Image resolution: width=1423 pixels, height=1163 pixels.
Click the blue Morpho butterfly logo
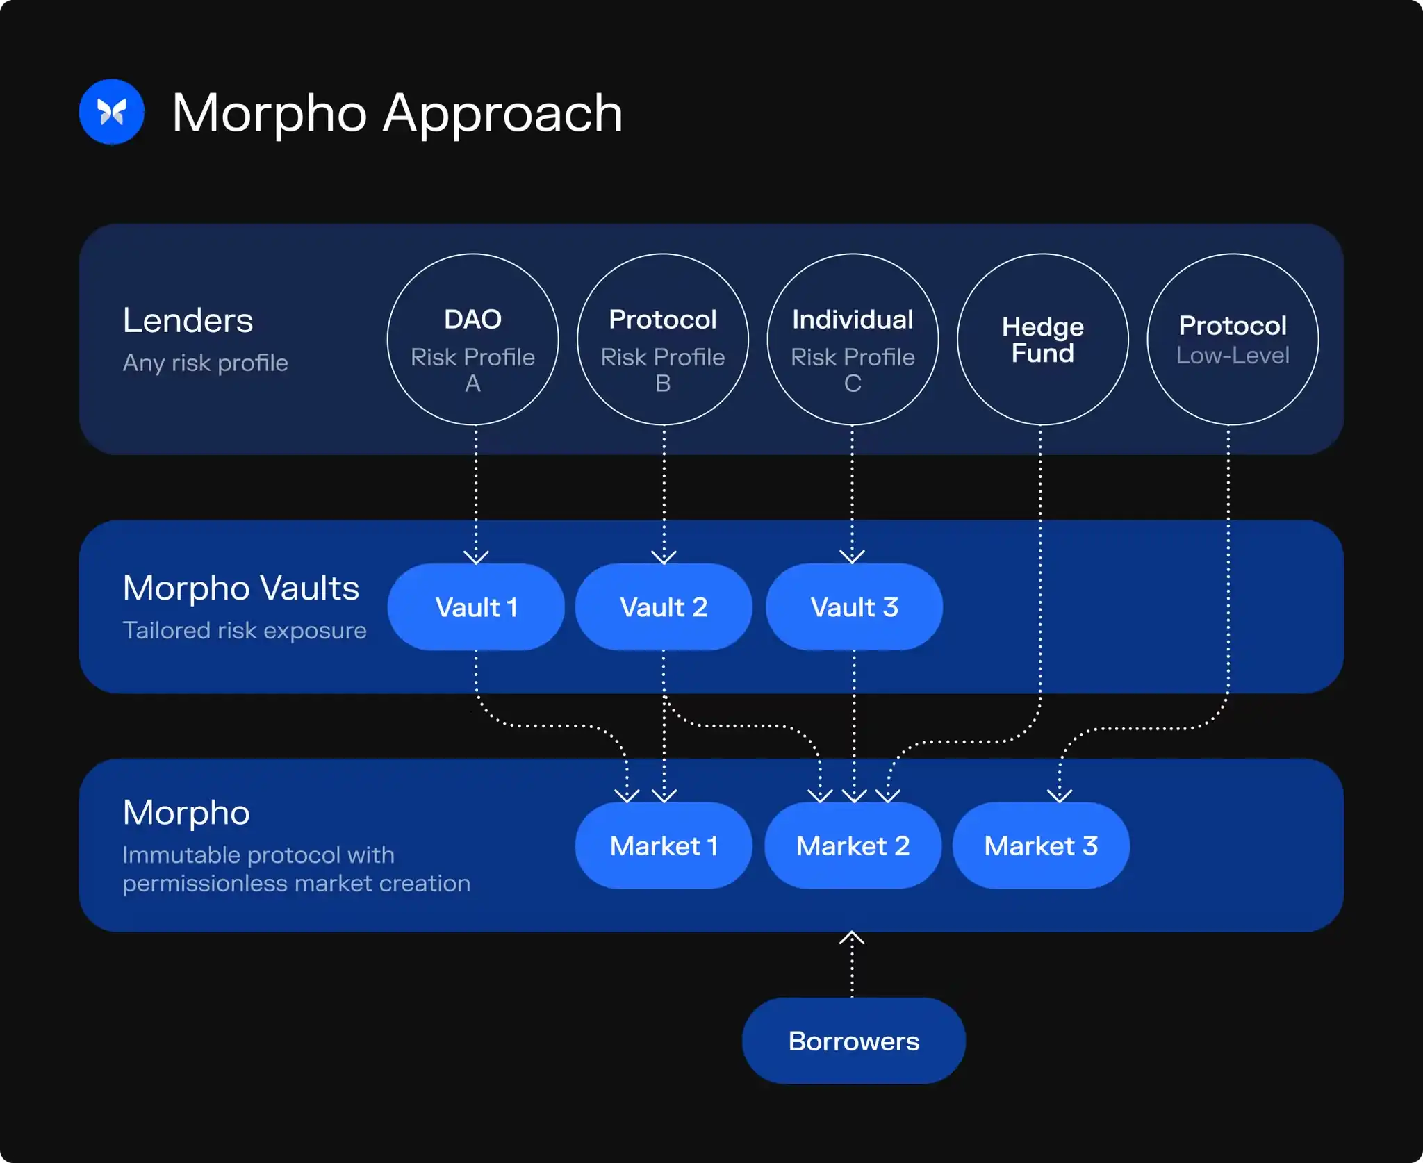pyautogui.click(x=111, y=112)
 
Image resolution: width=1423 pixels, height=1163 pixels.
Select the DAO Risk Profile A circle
pyautogui.click(x=472, y=340)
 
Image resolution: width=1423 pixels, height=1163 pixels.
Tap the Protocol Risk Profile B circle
pyautogui.click(x=663, y=340)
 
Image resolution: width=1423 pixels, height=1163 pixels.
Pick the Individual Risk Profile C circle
pyautogui.click(x=853, y=340)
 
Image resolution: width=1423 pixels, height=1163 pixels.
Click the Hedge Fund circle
pyautogui.click(x=1042, y=340)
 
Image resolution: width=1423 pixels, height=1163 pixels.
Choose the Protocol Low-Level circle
pyautogui.click(x=1233, y=340)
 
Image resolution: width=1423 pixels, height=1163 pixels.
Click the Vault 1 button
pyautogui.click(x=476, y=607)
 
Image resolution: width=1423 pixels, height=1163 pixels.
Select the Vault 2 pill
pyautogui.click(x=664, y=607)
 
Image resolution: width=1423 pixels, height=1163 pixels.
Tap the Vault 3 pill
pyautogui.click(x=854, y=607)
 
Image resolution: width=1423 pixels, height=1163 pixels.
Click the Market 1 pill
pyautogui.click(x=664, y=846)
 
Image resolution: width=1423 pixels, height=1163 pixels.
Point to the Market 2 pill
pyautogui.click(x=853, y=846)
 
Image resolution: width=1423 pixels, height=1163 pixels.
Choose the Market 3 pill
pyautogui.click(x=1041, y=846)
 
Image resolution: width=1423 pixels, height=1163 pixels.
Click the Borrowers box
pyautogui.click(x=853, y=1041)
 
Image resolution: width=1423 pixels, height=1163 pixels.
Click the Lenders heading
pyautogui.click(x=188, y=320)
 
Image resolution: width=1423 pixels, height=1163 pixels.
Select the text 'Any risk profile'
pyautogui.click(x=205, y=363)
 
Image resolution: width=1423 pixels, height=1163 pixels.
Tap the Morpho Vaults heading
pyautogui.click(x=240, y=588)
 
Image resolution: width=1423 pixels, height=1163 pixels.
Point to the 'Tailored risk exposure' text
pyautogui.click(x=245, y=630)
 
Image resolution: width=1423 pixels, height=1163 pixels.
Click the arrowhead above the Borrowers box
pyautogui.click(x=852, y=938)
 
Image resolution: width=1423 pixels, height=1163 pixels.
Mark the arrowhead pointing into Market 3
pyautogui.click(x=1059, y=795)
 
